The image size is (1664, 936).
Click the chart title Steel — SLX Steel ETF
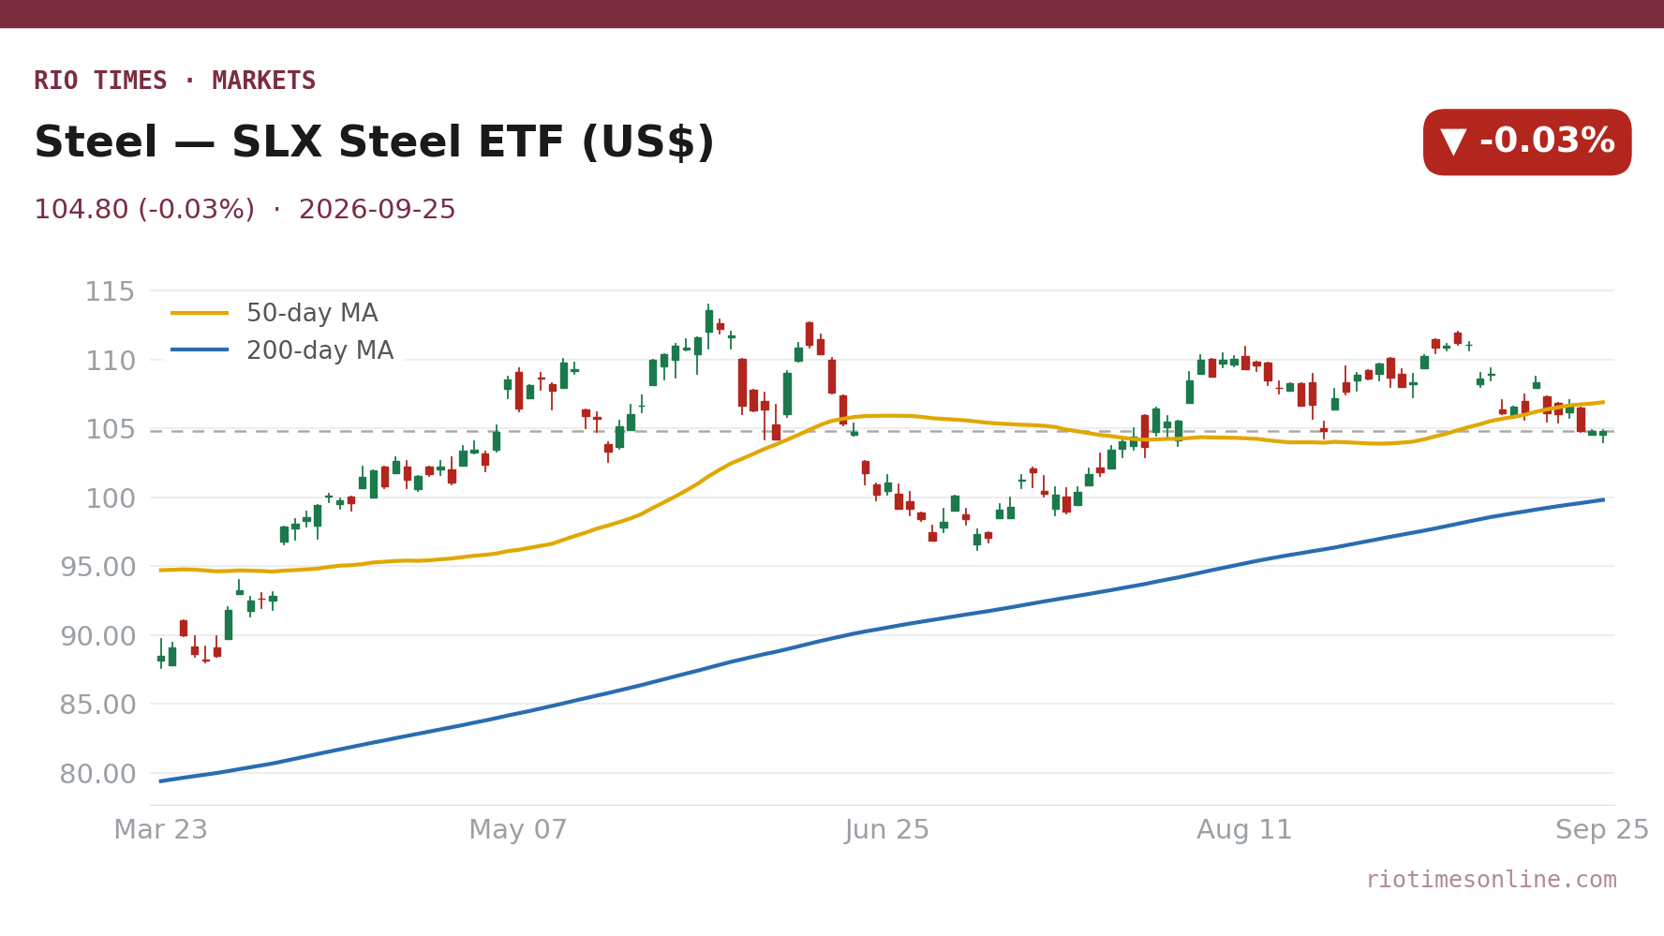coord(309,142)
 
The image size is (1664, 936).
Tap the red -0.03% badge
coord(1527,142)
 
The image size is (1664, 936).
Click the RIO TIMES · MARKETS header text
coord(175,81)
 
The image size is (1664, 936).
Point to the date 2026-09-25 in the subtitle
coord(378,210)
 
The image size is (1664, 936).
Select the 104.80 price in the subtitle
coord(81,210)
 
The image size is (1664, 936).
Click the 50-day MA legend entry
coord(275,313)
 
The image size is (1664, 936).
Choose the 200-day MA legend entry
coord(282,350)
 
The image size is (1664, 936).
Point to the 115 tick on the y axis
coord(111,291)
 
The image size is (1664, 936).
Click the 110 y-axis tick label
coord(111,361)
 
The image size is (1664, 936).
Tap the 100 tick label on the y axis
coord(111,498)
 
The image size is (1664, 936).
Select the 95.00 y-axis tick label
coord(98,567)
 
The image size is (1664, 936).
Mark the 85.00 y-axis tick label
coord(98,705)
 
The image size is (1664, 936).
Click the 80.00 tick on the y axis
coord(98,774)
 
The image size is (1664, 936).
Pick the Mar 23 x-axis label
coord(161,830)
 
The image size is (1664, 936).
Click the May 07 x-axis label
coord(518,830)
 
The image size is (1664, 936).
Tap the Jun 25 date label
coord(887,830)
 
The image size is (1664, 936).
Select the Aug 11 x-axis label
coord(1244,830)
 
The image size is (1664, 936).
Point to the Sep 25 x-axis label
coord(1602,830)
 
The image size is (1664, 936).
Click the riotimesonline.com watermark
coord(1492,880)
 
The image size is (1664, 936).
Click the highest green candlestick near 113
coord(709,321)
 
